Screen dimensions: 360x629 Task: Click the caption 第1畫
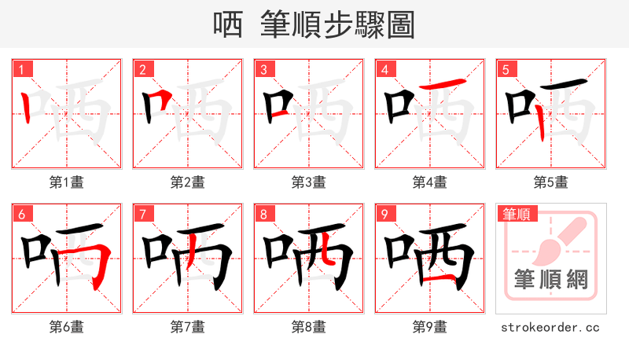pos(67,182)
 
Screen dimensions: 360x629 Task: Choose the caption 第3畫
pos(309,182)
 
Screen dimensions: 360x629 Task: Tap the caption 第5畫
pos(551,182)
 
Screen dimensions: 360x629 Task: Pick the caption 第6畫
pos(67,327)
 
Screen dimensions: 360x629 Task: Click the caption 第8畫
pos(309,327)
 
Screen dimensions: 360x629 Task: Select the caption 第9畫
pos(430,327)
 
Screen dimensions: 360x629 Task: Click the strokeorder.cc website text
pos(551,327)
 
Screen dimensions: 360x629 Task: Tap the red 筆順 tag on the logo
pos(516,214)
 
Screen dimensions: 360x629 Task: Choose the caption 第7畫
pos(188,327)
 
